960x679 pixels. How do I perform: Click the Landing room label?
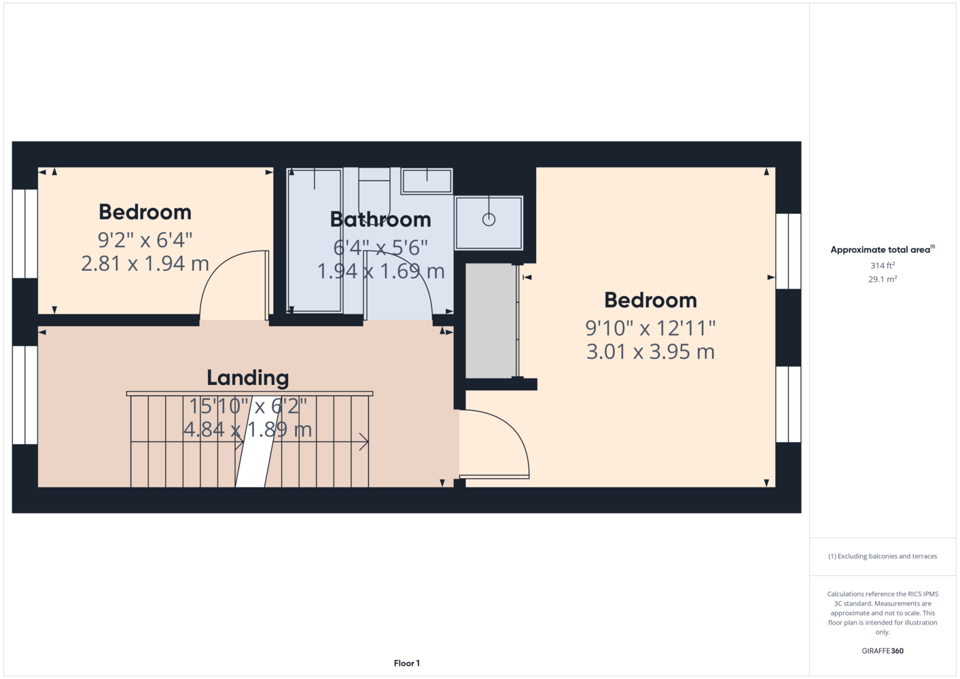point(248,378)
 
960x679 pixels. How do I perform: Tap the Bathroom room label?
point(380,219)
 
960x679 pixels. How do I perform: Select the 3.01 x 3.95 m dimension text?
point(650,352)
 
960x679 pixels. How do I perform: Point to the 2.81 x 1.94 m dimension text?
point(145,263)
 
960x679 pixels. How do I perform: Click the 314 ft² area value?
point(883,265)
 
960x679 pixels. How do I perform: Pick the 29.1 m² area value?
point(883,279)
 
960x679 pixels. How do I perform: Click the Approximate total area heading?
point(883,249)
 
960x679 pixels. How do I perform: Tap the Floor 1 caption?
point(407,663)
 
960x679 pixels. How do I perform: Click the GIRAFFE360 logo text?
point(883,650)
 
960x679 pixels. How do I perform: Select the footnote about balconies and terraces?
point(883,556)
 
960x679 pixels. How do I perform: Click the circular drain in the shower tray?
point(488,220)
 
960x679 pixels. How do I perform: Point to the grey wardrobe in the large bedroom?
point(491,321)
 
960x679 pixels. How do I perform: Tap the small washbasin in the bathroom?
point(427,181)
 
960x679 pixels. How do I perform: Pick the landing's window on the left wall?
point(25,395)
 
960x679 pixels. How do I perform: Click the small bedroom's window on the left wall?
point(25,234)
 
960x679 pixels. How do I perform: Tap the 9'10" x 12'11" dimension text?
point(650,328)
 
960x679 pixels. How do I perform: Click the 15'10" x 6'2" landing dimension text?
point(248,406)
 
